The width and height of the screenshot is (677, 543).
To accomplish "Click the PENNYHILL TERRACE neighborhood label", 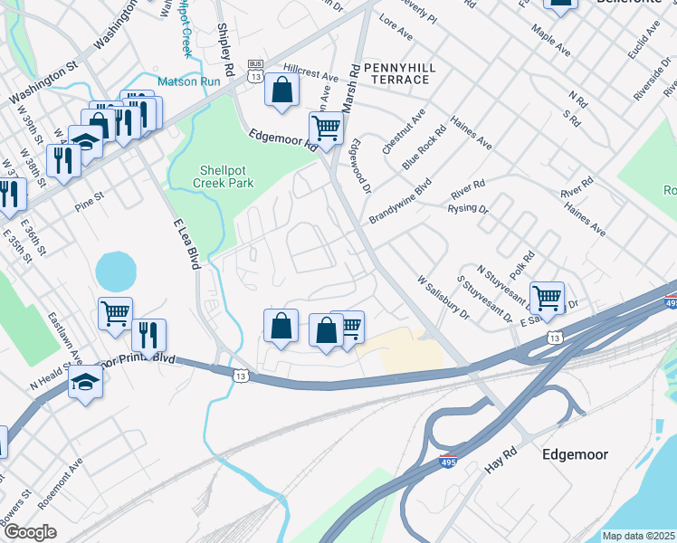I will [399, 73].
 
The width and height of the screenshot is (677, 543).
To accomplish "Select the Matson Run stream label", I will [188, 81].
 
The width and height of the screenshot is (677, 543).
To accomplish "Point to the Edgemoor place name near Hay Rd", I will [575, 453].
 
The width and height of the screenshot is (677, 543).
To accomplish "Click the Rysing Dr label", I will [468, 209].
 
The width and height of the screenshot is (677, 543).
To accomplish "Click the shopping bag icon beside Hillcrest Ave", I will [282, 90].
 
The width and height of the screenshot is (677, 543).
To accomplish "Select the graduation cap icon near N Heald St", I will [85, 381].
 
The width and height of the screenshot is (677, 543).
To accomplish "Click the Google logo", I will [29, 532].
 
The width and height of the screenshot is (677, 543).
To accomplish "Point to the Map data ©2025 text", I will [638, 536].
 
